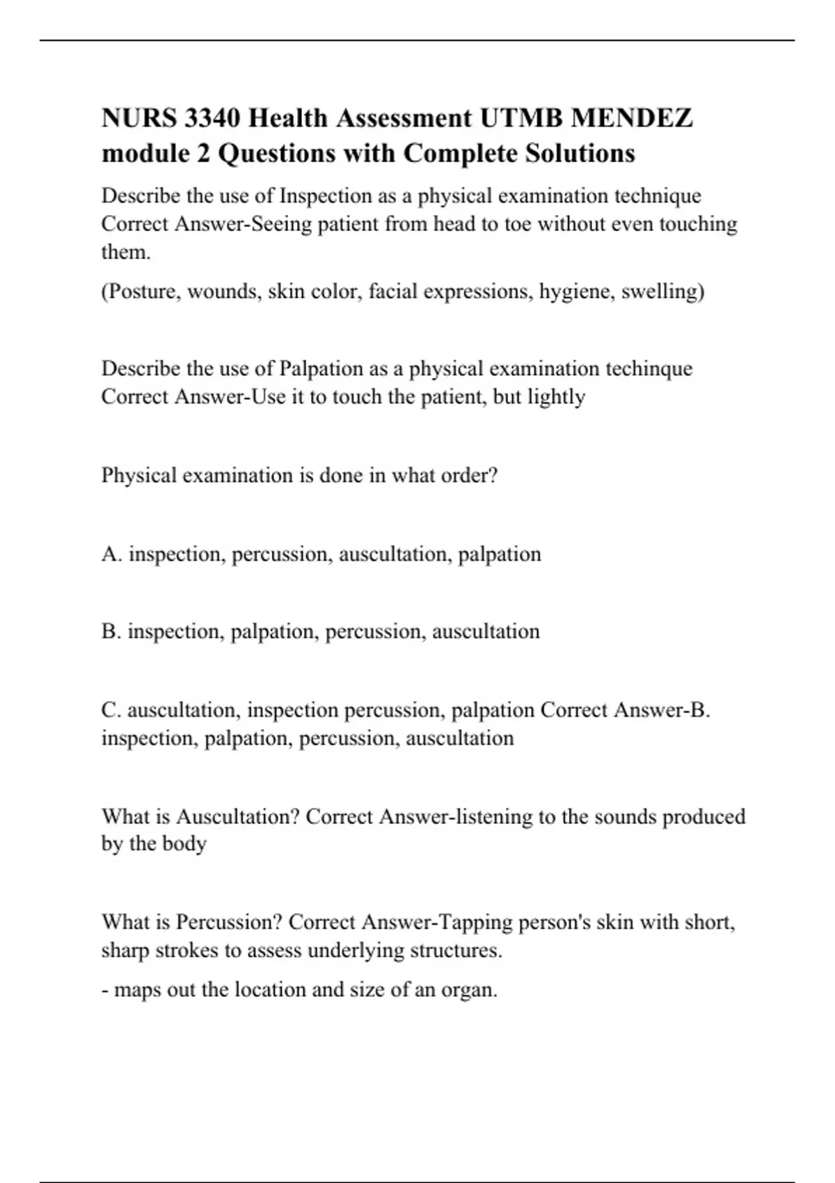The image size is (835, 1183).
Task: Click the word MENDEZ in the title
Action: click(x=631, y=118)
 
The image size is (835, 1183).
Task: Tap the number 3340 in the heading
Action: click(x=212, y=118)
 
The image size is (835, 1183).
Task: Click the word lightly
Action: click(x=556, y=397)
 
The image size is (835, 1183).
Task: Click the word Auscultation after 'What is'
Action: click(x=237, y=816)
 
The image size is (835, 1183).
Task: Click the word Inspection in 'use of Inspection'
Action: click(x=325, y=196)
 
